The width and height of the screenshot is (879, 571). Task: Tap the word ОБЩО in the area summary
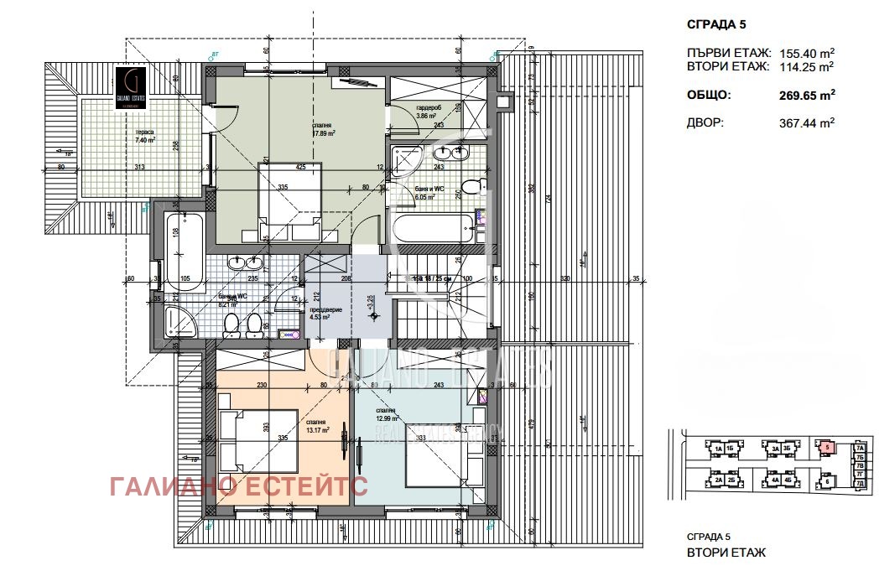pyautogui.click(x=708, y=96)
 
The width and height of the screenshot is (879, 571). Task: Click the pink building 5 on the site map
pyautogui.click(x=826, y=448)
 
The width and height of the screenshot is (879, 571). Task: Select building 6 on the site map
pyautogui.click(x=826, y=481)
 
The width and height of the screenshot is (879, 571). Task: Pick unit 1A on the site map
pyautogui.click(x=718, y=449)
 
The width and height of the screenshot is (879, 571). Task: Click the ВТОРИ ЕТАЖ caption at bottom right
pyautogui.click(x=726, y=553)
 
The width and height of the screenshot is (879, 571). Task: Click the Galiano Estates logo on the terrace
pyautogui.click(x=134, y=86)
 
